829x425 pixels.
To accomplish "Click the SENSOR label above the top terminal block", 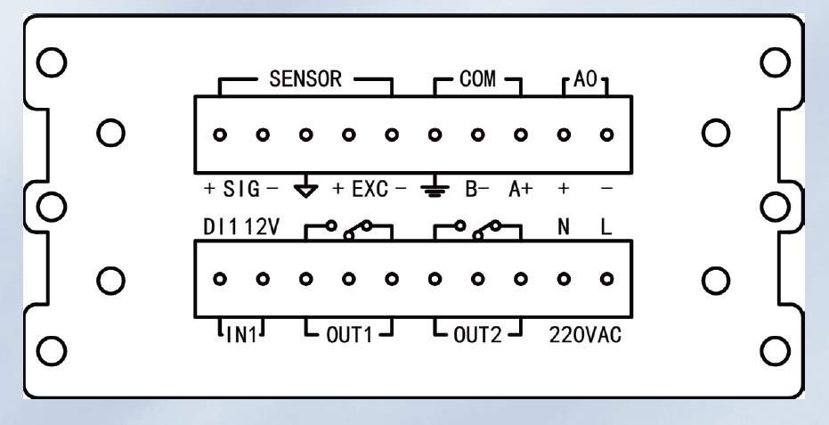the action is (305, 79).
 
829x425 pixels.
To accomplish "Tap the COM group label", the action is (477, 79).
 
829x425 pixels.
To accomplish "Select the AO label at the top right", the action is (585, 79).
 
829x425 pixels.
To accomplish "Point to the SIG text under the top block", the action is (241, 189).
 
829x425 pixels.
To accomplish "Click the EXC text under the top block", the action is (370, 189).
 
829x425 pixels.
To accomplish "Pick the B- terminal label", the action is (477, 189).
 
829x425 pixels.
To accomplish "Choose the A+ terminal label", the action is (521, 189).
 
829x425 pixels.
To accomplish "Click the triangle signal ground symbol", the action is (305, 190).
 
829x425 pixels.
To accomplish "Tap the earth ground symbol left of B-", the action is (435, 190).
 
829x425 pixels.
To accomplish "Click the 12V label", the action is (262, 227).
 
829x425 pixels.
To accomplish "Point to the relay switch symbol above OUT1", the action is (349, 230).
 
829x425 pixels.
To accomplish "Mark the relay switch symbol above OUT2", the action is (478, 230).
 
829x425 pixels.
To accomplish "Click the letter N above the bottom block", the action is (564, 227).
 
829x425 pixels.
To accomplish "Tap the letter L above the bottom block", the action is (606, 227).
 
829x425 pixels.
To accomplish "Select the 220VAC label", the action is (585, 335).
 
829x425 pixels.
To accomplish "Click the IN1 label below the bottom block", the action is (241, 335).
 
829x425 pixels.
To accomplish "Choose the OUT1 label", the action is (349, 335).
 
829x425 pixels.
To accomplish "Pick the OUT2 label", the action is (477, 335).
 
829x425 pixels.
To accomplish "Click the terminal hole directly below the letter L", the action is (607, 279).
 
